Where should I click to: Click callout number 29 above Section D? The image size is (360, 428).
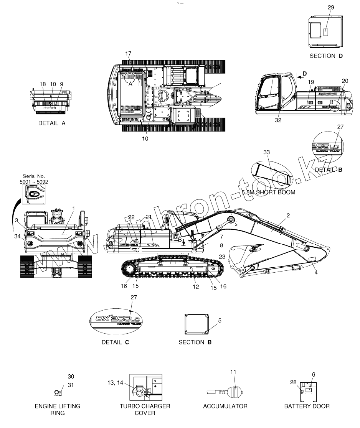coord(331,8)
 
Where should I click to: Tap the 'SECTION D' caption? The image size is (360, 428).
coord(326,56)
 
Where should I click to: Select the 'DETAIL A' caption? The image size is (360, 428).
coord(52,123)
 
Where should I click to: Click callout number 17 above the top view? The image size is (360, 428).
coord(128,53)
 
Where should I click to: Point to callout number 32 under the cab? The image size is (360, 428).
coord(278,120)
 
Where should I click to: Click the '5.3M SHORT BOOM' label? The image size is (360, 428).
coord(269,192)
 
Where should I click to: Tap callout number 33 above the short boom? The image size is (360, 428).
coord(267,152)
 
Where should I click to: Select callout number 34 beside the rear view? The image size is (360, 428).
coord(18,236)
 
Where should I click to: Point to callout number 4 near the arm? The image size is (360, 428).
coord(316,272)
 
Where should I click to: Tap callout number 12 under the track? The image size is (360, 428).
coord(196,286)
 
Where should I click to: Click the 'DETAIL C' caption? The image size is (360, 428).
coord(115,342)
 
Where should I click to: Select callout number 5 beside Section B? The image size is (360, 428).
coord(220,320)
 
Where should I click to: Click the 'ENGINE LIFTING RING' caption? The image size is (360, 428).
coord(58,409)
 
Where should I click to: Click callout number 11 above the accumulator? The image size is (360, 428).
coord(233,372)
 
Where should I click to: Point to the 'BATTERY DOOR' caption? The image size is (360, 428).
coord(307,406)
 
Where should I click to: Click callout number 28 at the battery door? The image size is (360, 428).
coord(293,382)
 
